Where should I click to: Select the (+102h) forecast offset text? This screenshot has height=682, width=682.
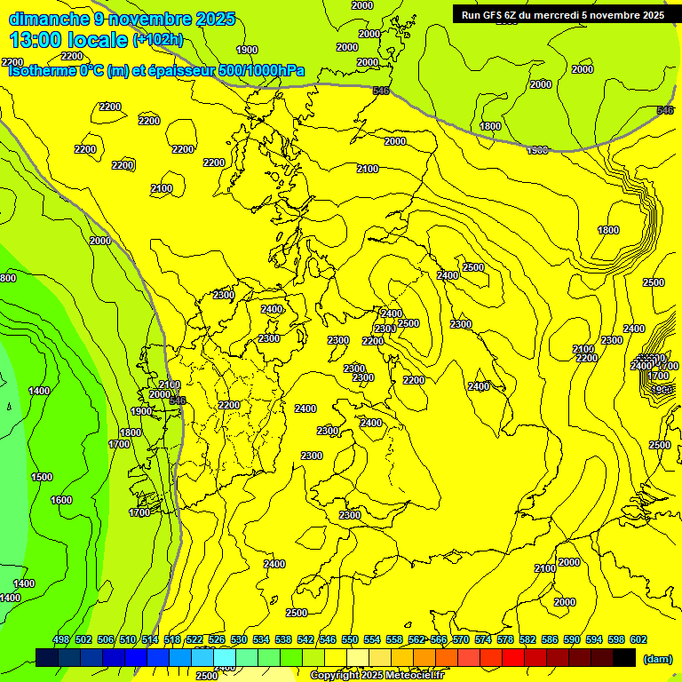click(157, 39)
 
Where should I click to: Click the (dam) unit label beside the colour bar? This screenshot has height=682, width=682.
click(656, 659)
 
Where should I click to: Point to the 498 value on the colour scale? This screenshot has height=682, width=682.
click(61, 639)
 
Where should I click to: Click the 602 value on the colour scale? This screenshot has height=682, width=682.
click(638, 639)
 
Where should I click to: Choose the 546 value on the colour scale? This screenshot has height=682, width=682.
click(328, 639)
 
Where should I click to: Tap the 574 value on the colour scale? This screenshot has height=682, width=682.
click(483, 639)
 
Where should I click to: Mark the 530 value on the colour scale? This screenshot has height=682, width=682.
click(239, 639)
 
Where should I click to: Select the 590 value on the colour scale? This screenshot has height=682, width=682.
click(572, 639)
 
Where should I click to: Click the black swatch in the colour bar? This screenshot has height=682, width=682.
click(624, 657)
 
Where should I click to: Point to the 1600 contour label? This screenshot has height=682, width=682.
click(61, 500)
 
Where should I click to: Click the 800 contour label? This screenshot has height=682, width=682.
click(8, 278)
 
